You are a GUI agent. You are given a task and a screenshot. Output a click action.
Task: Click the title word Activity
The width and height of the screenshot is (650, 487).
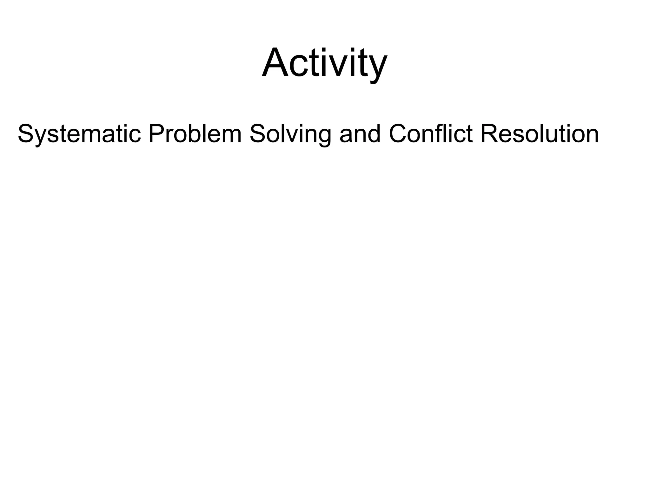tap(324, 62)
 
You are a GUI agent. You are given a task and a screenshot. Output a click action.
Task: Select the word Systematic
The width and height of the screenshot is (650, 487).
tap(79, 134)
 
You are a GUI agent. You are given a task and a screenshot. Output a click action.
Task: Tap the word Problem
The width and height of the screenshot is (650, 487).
tap(195, 133)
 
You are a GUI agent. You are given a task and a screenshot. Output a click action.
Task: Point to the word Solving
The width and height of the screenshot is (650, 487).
tap(290, 134)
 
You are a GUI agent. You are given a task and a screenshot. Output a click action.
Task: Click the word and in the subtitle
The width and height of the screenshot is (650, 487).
tap(360, 133)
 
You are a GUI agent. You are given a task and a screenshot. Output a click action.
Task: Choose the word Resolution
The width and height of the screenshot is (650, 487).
tap(539, 133)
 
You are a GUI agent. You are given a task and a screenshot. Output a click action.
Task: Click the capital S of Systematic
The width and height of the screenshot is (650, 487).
tap(26, 133)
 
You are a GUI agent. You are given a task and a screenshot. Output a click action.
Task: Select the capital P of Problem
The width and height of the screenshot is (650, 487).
tap(156, 133)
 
